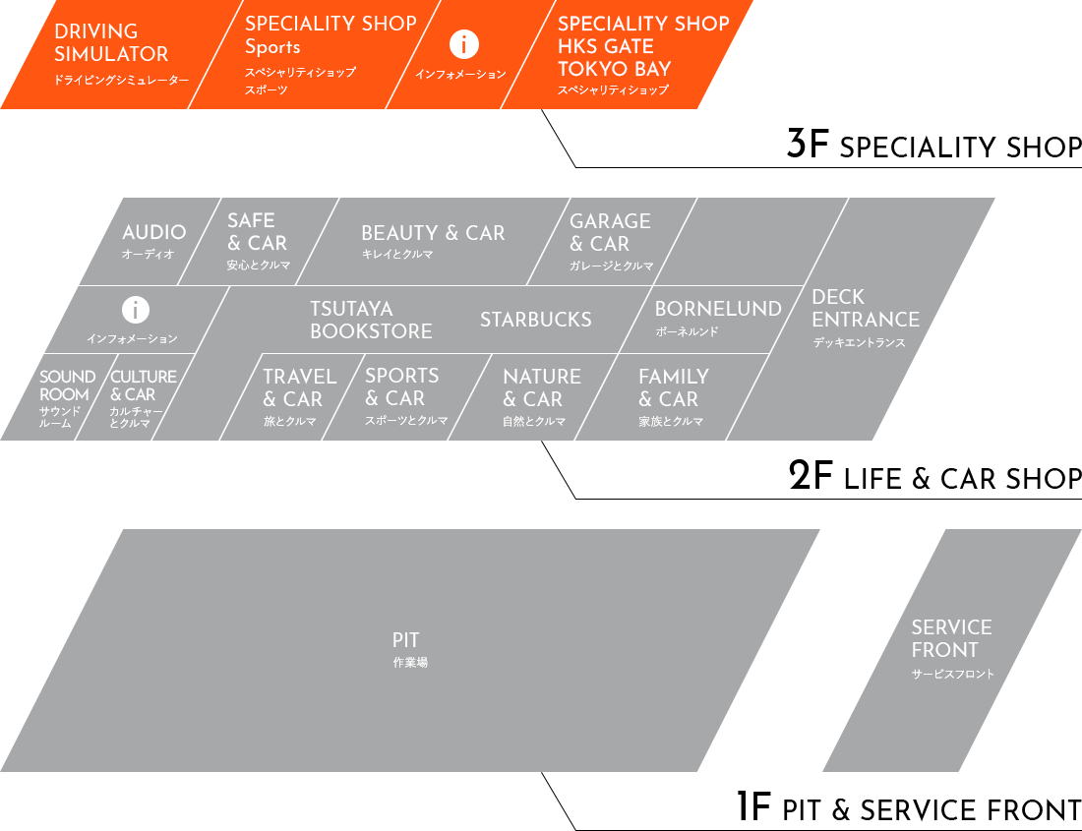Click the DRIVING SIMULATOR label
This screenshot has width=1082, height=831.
(111, 43)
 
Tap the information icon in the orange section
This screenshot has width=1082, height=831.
(463, 44)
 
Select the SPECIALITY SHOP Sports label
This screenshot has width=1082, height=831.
(331, 35)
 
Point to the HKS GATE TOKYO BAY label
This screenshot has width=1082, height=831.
(643, 47)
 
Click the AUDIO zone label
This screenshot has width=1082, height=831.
(153, 233)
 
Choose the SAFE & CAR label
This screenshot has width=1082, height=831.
(257, 232)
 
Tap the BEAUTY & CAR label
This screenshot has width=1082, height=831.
(433, 234)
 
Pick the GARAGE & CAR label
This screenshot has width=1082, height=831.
(610, 233)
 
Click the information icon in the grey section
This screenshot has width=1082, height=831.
(135, 311)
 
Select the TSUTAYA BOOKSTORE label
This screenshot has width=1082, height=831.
(371, 321)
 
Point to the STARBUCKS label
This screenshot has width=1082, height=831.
(536, 320)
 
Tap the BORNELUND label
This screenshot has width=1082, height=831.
(718, 310)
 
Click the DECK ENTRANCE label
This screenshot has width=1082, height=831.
(866, 309)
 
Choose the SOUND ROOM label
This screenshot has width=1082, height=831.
(67, 386)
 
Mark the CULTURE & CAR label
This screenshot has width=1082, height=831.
(144, 386)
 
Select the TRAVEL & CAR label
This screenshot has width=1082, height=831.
(299, 388)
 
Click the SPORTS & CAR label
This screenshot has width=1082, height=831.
(402, 387)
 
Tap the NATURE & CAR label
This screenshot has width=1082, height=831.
(541, 388)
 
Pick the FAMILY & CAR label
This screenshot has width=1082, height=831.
(673, 388)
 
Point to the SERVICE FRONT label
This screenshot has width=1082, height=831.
(951, 639)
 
